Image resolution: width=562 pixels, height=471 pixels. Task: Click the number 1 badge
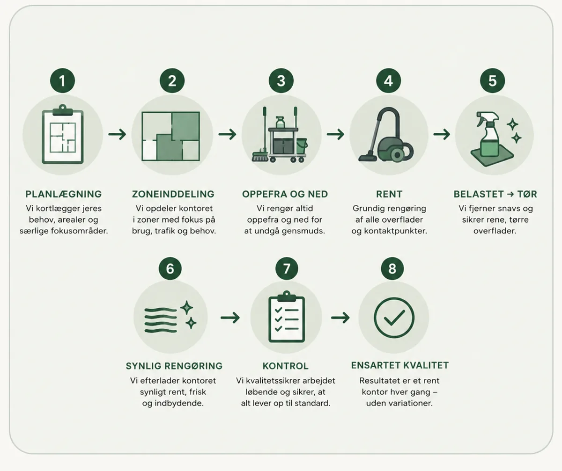62,80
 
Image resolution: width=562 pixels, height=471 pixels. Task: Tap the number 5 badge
493,80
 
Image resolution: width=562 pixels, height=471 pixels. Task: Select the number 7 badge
287,268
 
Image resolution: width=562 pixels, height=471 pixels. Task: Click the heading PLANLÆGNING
64,194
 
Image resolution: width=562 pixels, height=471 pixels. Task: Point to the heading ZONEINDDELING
173,194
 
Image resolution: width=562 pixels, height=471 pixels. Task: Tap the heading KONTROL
286,366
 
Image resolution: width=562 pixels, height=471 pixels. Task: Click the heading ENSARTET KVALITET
400,365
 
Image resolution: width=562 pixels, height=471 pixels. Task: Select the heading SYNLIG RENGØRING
174,366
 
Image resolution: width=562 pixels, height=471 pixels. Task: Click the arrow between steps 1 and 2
117,134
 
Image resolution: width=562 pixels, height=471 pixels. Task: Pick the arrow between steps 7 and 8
340,318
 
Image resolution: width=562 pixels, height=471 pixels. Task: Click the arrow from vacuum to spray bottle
442,134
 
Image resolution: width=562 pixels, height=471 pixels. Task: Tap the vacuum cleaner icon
386,135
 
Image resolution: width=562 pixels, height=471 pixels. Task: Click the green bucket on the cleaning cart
302,146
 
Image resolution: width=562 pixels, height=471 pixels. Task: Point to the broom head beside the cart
260,156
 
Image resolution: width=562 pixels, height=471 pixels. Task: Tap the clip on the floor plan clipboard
63,110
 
